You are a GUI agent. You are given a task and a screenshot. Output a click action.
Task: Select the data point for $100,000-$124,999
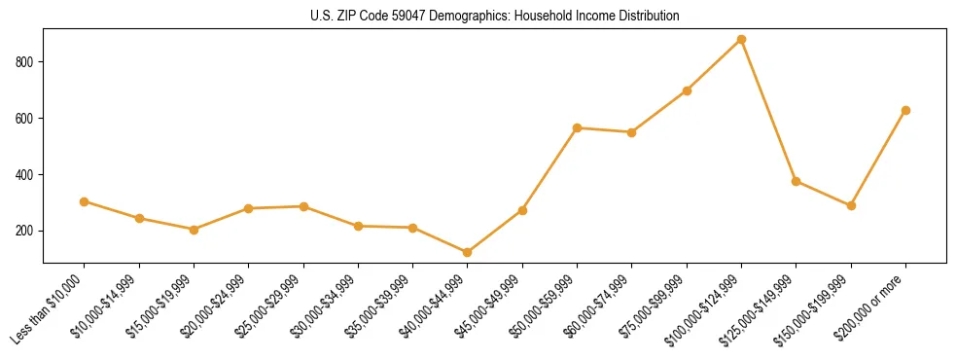[741, 40]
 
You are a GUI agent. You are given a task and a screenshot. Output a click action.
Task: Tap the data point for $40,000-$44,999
[468, 253]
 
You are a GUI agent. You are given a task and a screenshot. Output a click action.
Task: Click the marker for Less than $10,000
[85, 201]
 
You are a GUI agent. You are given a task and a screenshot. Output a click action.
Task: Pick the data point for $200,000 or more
[905, 110]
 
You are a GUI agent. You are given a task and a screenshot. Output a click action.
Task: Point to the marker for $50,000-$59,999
[577, 127]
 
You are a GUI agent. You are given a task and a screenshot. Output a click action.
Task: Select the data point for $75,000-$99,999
[687, 90]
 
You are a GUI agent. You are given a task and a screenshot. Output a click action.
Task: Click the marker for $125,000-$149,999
[797, 181]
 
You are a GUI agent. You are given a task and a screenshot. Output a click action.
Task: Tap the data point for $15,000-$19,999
[194, 230]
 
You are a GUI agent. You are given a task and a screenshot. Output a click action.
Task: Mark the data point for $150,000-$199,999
[851, 205]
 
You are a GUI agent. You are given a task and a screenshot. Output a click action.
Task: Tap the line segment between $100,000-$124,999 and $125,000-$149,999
[768, 110]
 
